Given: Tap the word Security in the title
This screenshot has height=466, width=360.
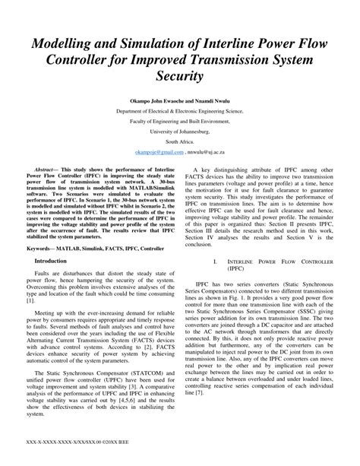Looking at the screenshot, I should (x=179, y=78).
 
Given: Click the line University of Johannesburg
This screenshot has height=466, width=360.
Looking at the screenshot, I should (x=180, y=132).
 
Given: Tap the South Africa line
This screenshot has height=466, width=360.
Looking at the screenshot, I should (x=180, y=142).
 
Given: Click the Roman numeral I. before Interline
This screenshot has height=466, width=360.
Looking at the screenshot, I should (x=216, y=261).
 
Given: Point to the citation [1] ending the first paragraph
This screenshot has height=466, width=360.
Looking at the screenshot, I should (x=31, y=302).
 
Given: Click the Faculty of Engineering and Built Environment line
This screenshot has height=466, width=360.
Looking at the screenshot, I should (x=180, y=121).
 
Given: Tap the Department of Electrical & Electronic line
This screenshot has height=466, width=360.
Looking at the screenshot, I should (x=180, y=110).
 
